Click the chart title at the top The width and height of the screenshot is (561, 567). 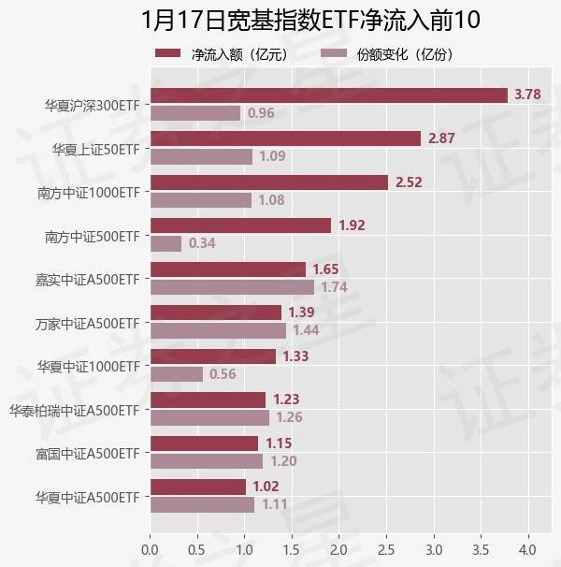pyautogui.click(x=280, y=20)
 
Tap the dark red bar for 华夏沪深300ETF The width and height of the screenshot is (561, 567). pyautogui.click(x=328, y=94)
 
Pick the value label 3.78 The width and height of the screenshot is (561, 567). pyautogui.click(x=528, y=94)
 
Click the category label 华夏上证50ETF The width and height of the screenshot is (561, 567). pyautogui.click(x=94, y=148)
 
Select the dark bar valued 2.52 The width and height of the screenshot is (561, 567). pyautogui.click(x=268, y=182)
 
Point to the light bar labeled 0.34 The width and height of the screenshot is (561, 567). pyautogui.click(x=165, y=243)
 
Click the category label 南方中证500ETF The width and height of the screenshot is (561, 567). pyautogui.click(x=92, y=235)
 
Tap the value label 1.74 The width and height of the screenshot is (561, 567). pyautogui.click(x=334, y=287)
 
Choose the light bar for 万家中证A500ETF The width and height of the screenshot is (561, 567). pyautogui.click(x=218, y=330)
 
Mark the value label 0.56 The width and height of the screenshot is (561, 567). pyautogui.click(x=223, y=374)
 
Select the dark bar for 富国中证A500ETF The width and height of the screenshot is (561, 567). pyautogui.click(x=204, y=443)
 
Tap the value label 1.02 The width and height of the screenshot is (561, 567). pyautogui.click(x=266, y=487)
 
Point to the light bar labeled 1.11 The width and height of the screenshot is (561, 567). pyautogui.click(x=202, y=504)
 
